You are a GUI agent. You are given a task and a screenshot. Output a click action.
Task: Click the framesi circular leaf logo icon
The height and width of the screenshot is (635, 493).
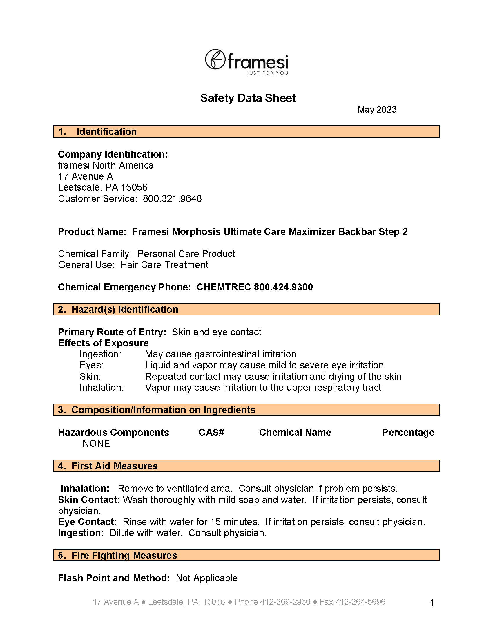pyautogui.click(x=215, y=59)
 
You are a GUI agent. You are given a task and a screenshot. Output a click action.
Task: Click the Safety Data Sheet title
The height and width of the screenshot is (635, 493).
pyautogui.click(x=248, y=98)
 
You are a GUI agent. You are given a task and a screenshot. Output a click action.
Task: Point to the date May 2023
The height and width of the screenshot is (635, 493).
pyautogui.click(x=377, y=110)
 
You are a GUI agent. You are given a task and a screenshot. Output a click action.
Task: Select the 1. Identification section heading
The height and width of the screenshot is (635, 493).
pyautogui.click(x=106, y=132)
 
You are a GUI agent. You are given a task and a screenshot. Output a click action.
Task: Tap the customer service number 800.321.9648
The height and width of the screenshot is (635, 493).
pyautogui.click(x=172, y=199)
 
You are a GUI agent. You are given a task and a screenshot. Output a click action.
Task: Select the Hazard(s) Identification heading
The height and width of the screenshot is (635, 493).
pyautogui.click(x=125, y=309)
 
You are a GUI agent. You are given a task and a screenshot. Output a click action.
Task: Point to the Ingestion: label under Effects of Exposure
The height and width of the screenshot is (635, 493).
pyautogui.click(x=100, y=354)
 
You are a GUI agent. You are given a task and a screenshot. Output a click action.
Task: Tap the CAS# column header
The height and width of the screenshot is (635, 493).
pyautogui.click(x=211, y=432)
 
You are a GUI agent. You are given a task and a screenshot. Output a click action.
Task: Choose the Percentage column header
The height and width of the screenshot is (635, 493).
pyautogui.click(x=408, y=432)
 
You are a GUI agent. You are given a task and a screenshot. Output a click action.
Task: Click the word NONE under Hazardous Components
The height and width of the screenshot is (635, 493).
pyautogui.click(x=96, y=443)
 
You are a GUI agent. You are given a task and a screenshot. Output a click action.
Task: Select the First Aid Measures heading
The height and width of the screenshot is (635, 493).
pyautogui.click(x=115, y=466)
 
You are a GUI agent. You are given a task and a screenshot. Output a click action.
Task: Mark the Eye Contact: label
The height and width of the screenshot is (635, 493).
pyautogui.click(x=87, y=522)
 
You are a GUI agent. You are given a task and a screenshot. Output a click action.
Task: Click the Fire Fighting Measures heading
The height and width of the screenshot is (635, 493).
pyautogui.click(x=124, y=555)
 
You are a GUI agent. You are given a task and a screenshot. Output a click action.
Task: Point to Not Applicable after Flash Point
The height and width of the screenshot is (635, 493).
pyautogui.click(x=206, y=578)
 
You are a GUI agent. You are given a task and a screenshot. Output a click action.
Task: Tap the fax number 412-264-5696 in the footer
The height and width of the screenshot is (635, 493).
pyautogui.click(x=360, y=602)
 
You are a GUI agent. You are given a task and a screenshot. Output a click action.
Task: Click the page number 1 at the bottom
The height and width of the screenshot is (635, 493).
pyautogui.click(x=432, y=603)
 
